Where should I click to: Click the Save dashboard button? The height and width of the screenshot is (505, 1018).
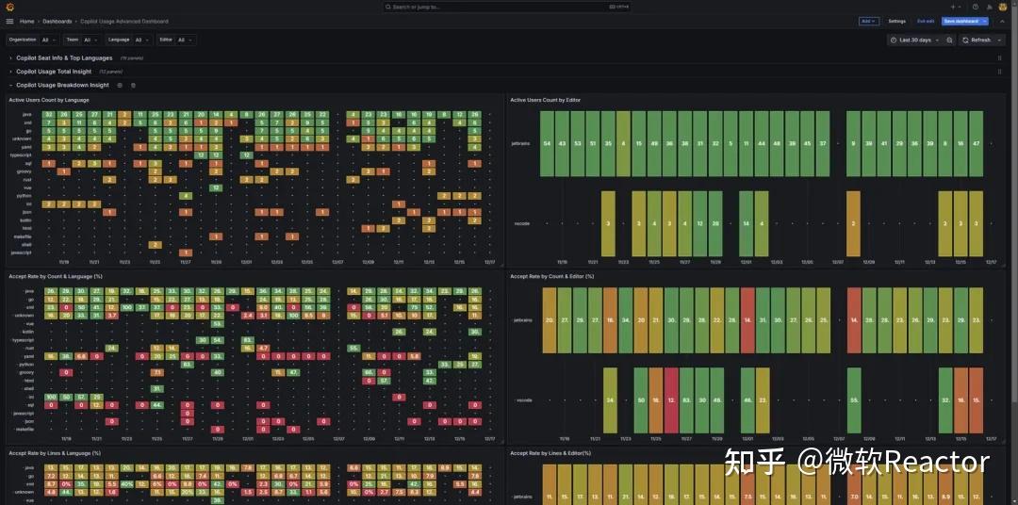coord(961,21)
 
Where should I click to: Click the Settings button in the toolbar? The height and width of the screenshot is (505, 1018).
coord(896,21)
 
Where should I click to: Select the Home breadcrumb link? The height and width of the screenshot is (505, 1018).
coord(26,21)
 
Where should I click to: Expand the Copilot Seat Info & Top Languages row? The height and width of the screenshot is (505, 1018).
coord(64,58)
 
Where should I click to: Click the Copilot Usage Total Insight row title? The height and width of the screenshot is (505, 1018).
coord(54,72)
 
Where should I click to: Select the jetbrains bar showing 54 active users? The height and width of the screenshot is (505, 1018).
coord(547,143)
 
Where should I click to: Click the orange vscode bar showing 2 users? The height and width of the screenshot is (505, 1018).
coord(852,223)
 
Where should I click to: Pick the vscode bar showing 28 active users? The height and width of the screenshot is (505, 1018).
coord(715,223)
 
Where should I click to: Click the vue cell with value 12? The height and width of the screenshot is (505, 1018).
coord(216,187)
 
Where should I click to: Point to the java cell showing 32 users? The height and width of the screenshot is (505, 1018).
coord(48,115)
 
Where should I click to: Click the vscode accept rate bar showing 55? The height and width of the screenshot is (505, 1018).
coord(853,399)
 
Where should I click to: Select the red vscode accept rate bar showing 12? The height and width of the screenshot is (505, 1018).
coord(670,399)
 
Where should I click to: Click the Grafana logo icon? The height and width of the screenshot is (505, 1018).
coord(9,7)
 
